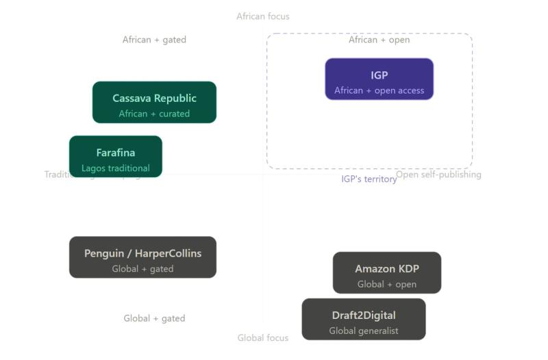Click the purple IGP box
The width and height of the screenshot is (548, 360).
point(379,79)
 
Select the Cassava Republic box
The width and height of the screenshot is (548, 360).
point(154,102)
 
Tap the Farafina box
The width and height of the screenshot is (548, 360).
point(115,156)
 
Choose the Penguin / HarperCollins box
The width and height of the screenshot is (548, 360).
point(142,257)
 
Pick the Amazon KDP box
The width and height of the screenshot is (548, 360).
point(386,272)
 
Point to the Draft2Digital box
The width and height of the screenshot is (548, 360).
point(363,319)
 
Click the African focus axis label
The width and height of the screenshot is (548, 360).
point(263,16)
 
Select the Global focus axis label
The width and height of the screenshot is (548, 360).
point(263,337)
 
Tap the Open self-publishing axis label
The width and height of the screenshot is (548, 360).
point(438,175)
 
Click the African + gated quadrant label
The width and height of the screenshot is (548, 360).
point(154,40)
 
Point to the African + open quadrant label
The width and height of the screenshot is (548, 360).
point(379,40)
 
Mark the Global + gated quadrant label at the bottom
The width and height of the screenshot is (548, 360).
point(154,318)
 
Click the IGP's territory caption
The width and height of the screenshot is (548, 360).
point(369,179)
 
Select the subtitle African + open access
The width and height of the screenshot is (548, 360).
point(379,90)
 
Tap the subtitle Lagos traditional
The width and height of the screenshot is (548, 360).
point(115,168)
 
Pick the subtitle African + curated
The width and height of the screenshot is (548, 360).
point(154,114)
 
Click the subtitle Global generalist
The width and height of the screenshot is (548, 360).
point(363,331)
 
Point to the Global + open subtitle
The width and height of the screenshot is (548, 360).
point(386,284)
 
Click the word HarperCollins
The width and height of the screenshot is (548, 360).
point(168,253)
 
